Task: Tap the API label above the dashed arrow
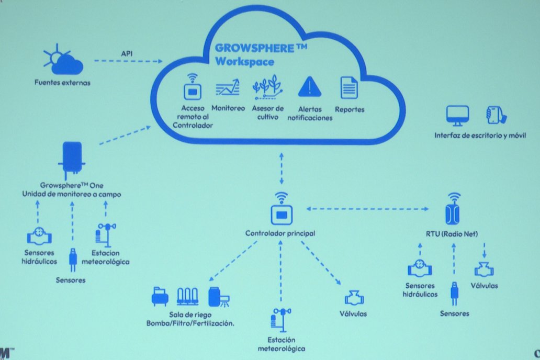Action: (x=127, y=54)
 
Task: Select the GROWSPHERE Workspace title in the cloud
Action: (x=261, y=55)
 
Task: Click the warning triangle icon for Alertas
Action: (x=310, y=86)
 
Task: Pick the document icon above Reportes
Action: (x=349, y=88)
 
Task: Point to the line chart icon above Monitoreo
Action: (x=228, y=87)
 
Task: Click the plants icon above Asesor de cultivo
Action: (x=267, y=87)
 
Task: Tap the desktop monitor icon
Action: (x=457, y=116)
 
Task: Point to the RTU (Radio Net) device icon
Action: (x=453, y=208)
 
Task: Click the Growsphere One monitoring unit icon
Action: (x=72, y=158)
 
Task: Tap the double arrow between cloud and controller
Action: (x=282, y=169)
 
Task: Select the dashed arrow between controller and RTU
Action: (x=367, y=209)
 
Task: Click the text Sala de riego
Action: (x=190, y=314)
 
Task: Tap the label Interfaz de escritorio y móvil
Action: (x=480, y=136)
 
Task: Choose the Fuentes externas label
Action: (x=62, y=83)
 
